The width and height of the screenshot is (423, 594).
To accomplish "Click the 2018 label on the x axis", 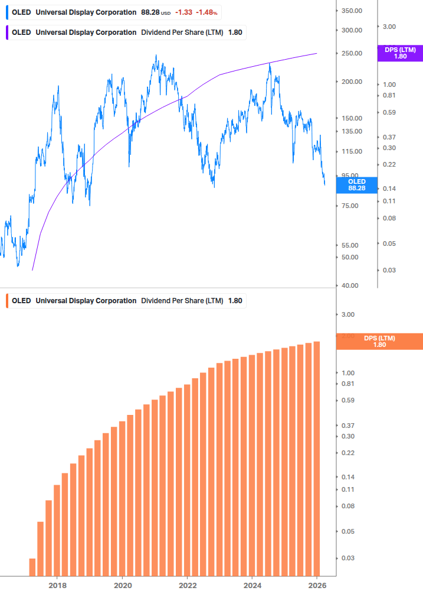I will pyautogui.click(x=57, y=585).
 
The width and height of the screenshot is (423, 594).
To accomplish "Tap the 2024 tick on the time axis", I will pyautogui.click(x=252, y=585).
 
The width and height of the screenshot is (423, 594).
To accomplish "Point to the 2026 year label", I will pyautogui.click(x=317, y=585).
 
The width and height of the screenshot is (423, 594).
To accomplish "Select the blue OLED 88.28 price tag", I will pyautogui.click(x=357, y=185).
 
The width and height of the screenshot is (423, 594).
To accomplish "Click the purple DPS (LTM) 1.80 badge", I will pyautogui.click(x=400, y=53).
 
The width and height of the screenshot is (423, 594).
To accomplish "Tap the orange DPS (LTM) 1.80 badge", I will pyautogui.click(x=379, y=341).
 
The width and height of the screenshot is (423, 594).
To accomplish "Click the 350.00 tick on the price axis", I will pyautogui.click(x=351, y=11).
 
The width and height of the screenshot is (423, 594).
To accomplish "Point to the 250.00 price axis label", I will pyautogui.click(x=351, y=53).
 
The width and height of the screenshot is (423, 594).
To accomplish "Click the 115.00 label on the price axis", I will pyautogui.click(x=351, y=151).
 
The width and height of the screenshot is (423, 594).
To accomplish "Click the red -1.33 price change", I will pyautogui.click(x=184, y=12).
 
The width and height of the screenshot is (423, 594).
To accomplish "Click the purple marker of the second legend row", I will pyautogui.click(x=6, y=33).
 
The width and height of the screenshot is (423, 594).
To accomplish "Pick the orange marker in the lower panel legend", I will pyautogui.click(x=6, y=300).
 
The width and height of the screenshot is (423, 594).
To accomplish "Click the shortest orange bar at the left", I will pyautogui.click(x=32, y=567).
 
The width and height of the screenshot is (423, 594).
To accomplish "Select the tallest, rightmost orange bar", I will pyautogui.click(x=317, y=459).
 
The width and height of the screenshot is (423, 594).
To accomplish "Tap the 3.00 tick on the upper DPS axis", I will pyautogui.click(x=390, y=27).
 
